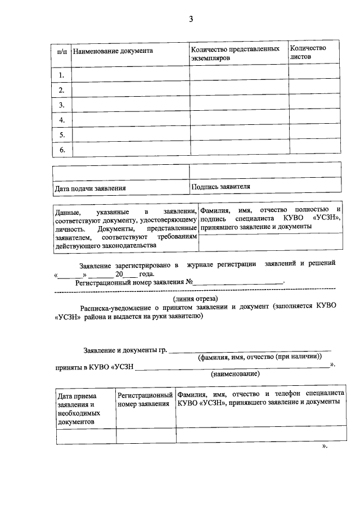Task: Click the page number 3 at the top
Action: point(191,20)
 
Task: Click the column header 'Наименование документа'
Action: point(113,51)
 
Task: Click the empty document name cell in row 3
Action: point(130,105)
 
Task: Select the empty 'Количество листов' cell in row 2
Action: point(314,89)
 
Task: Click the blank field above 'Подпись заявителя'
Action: point(264,170)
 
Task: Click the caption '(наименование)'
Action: point(235,374)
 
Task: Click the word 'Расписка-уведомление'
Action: point(115,308)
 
